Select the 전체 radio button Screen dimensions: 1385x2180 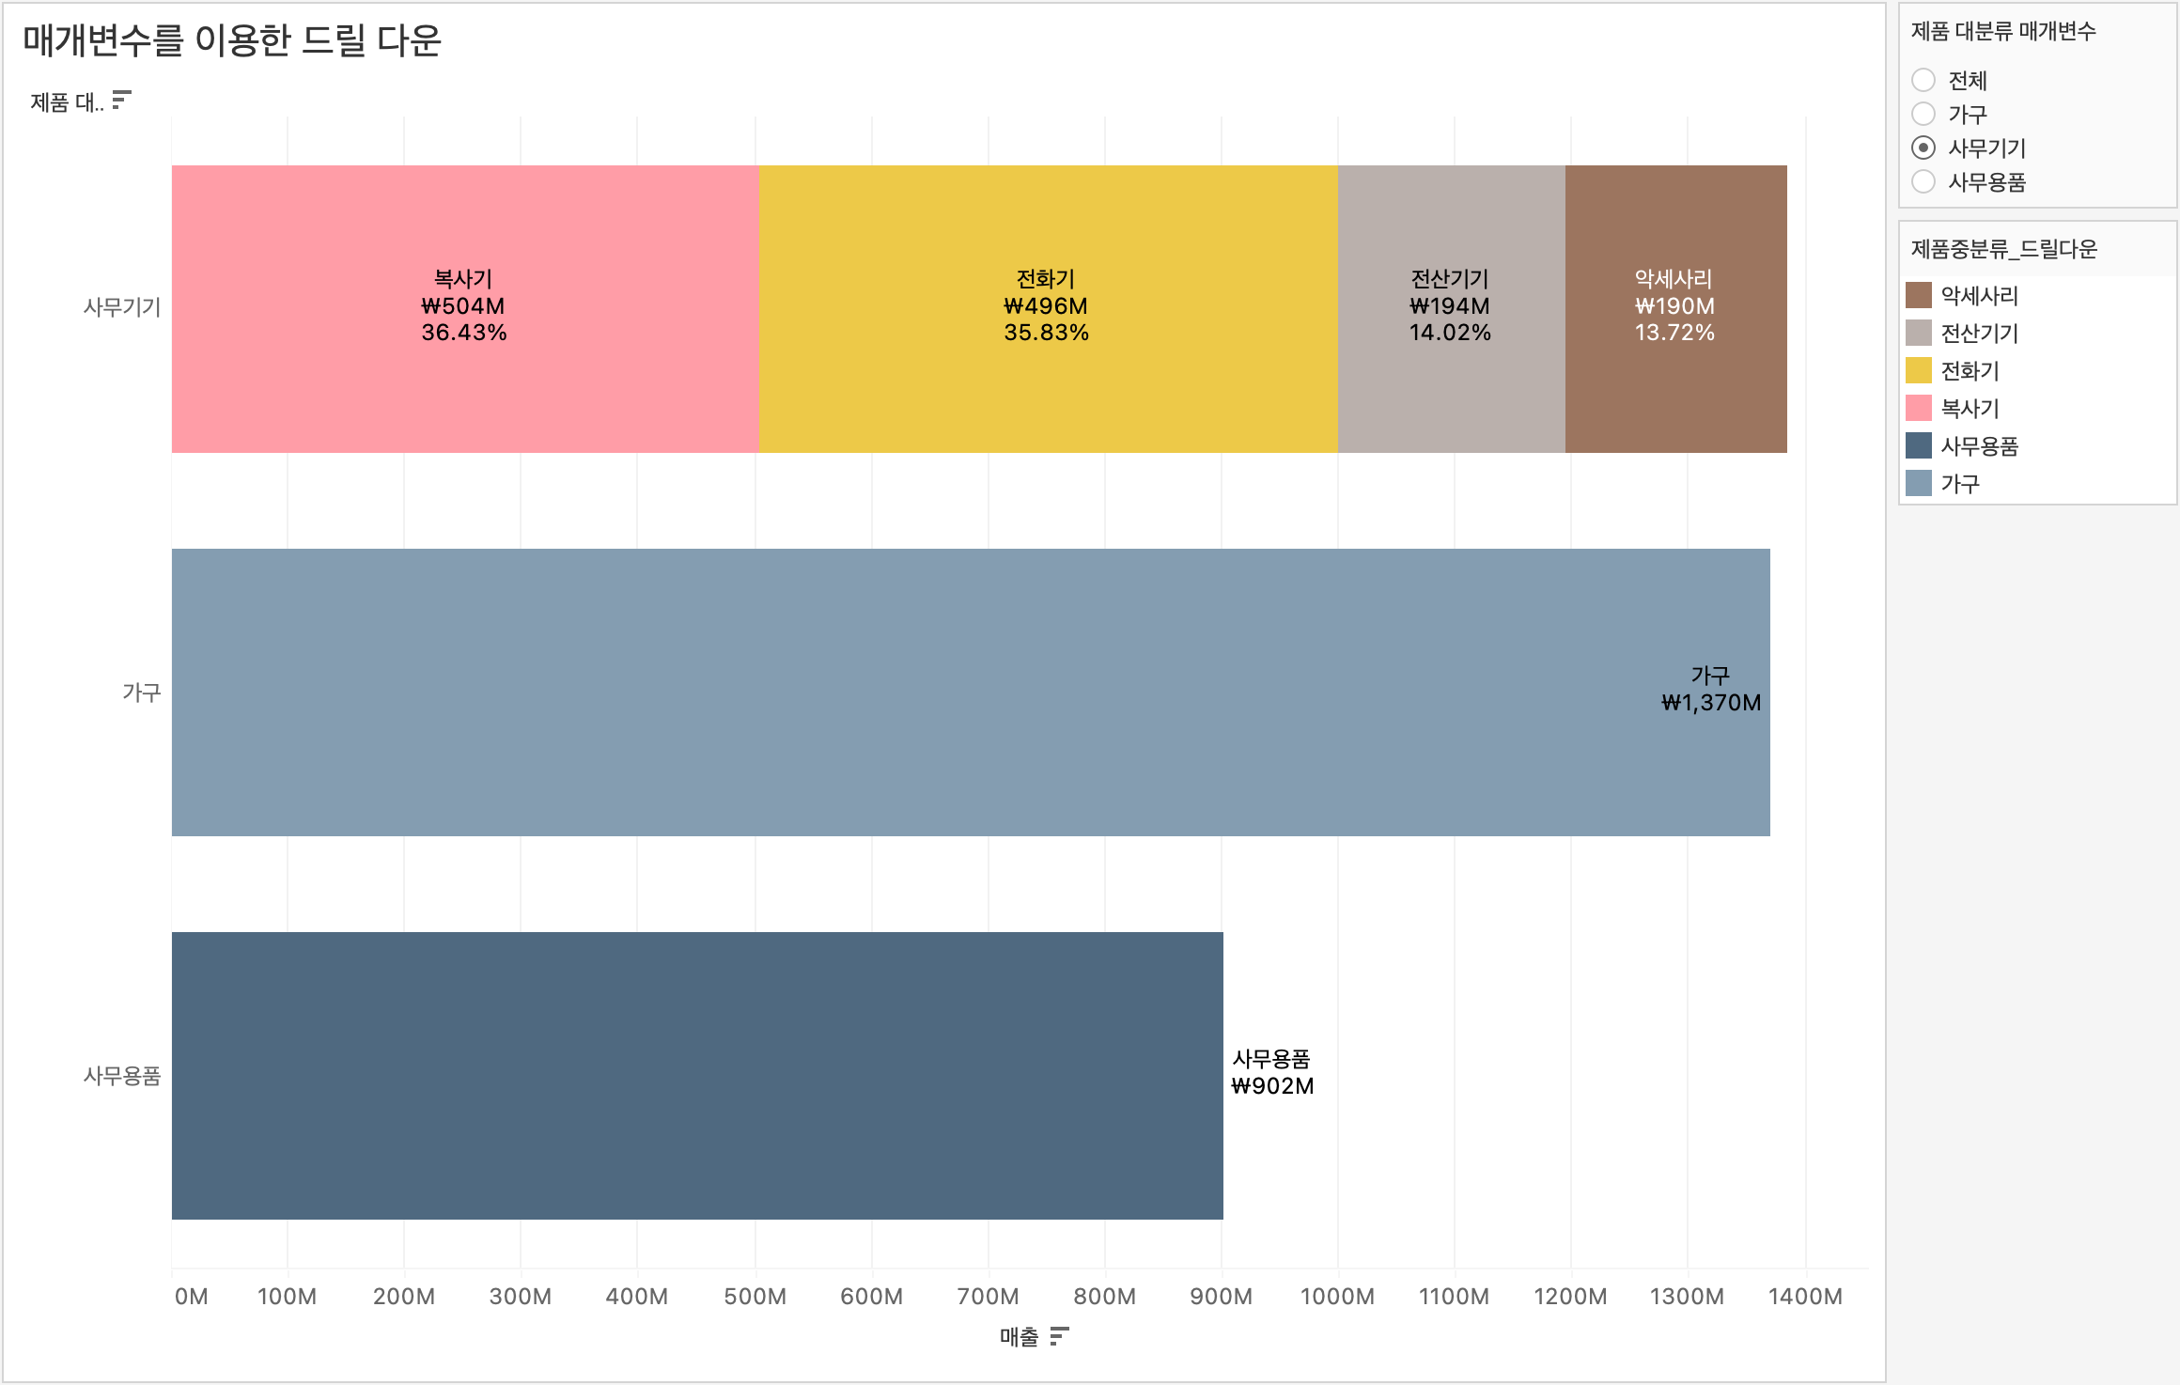[1923, 80]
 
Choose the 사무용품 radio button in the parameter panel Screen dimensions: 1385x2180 [1923, 181]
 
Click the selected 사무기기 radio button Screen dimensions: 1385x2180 [1923, 148]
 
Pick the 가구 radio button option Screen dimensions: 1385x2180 [1923, 114]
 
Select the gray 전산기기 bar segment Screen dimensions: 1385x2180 [1451, 395]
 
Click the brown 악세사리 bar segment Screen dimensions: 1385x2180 [1675, 395]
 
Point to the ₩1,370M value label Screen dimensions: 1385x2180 [1711, 703]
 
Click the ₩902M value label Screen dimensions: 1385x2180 [1272, 1086]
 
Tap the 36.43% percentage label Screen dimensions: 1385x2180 [464, 333]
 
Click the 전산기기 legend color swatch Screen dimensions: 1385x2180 [1919, 333]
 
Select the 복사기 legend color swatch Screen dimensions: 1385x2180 [1919, 408]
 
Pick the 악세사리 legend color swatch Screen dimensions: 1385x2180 [1919, 295]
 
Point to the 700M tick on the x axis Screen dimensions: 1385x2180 [988, 1297]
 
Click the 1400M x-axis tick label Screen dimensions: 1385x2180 [1805, 1297]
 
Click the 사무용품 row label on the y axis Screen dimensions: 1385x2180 [122, 1076]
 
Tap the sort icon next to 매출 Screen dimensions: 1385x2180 [1059, 1336]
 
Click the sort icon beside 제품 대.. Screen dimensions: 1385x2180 [121, 100]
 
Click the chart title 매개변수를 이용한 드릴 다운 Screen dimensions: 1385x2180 [232, 40]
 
